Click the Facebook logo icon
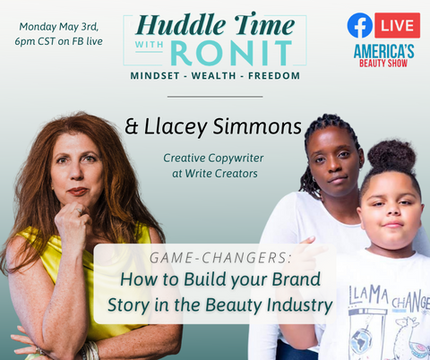(x=360, y=25)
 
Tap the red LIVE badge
(x=398, y=25)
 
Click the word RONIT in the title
(x=231, y=53)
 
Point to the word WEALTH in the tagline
(x=214, y=75)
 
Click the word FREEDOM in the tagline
(x=274, y=75)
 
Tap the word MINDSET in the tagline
(x=155, y=75)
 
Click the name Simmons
(x=257, y=126)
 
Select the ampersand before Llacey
(x=132, y=126)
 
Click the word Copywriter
(x=236, y=159)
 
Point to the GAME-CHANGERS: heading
(x=220, y=258)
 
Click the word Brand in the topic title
(x=297, y=279)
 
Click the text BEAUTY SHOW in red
(x=383, y=64)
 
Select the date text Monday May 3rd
(x=59, y=27)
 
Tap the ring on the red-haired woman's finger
(x=79, y=211)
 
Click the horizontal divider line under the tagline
(x=215, y=97)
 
